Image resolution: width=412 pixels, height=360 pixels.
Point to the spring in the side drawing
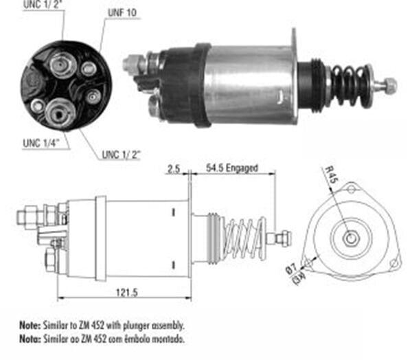(x=244, y=238)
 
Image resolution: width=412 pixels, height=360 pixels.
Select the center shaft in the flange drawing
(x=350, y=238)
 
